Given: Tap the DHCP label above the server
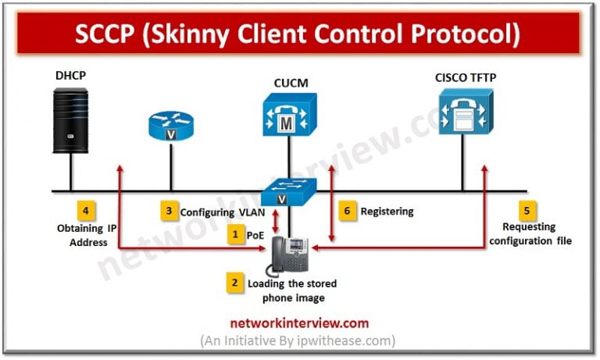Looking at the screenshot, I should pyautogui.click(x=70, y=77).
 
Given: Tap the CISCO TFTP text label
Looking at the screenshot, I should pyautogui.click(x=467, y=77).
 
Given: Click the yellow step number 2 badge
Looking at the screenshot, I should pyautogui.click(x=235, y=283).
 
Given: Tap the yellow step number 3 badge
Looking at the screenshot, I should pyautogui.click(x=168, y=211).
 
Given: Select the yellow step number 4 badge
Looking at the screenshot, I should pyautogui.click(x=86, y=210).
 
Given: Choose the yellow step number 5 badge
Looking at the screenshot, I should pyautogui.click(x=528, y=210).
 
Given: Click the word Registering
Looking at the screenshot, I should pyautogui.click(x=388, y=211).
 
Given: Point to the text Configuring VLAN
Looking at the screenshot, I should pyautogui.click(x=221, y=212).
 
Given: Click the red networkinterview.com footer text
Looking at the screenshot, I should pyautogui.click(x=298, y=323).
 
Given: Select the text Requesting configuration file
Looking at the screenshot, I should pyautogui.click(x=530, y=233).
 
